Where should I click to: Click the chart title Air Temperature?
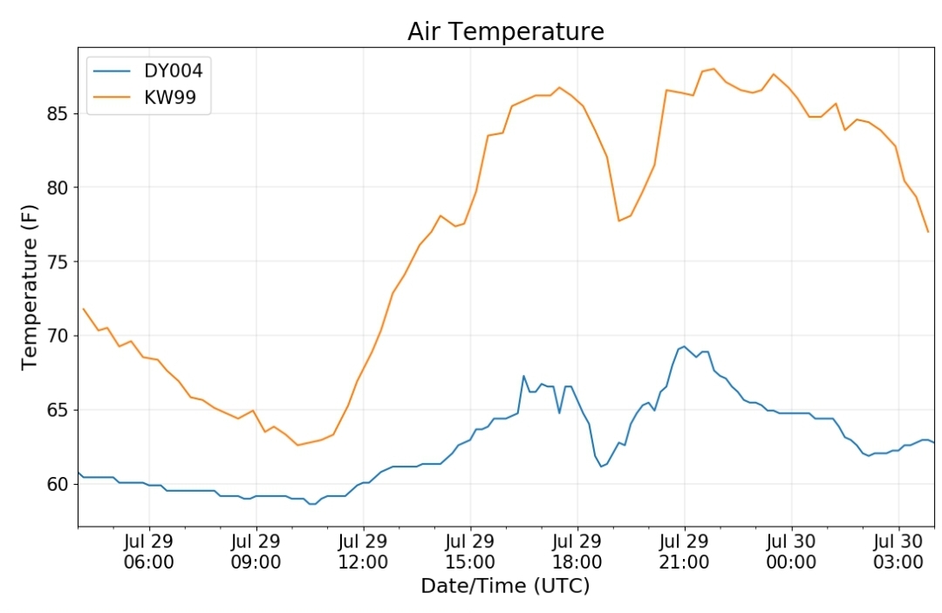tap(506, 31)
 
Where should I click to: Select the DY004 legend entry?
tap(148, 71)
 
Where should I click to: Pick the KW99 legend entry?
tap(145, 97)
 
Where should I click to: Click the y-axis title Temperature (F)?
tap(30, 287)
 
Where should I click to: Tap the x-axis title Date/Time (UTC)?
tap(505, 585)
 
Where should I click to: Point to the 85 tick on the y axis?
tap(58, 113)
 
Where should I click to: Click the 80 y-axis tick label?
tap(58, 187)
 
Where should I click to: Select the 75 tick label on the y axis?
tap(58, 262)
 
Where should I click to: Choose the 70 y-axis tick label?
tap(58, 336)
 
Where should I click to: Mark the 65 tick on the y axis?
tap(58, 410)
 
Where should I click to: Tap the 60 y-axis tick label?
tap(58, 484)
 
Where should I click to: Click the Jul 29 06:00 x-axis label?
tap(149, 552)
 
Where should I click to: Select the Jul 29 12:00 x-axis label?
tap(363, 552)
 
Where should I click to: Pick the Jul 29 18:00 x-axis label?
tap(577, 552)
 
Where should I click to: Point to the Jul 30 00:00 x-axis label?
tap(791, 552)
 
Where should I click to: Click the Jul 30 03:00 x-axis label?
tap(898, 552)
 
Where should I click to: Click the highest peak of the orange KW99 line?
tap(713, 68)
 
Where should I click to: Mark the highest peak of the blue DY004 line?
tap(685, 346)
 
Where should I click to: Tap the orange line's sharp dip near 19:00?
tap(618, 221)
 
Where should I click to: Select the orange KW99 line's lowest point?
tap(297, 445)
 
